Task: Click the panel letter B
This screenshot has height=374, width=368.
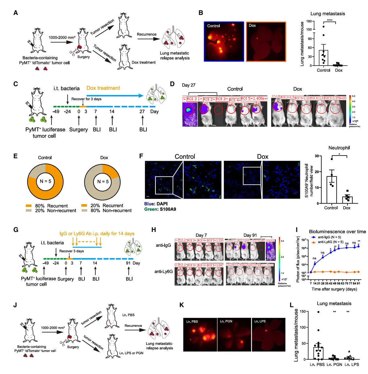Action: point(201,13)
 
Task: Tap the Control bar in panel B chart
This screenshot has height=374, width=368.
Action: point(323,58)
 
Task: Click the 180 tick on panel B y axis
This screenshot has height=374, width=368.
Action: point(309,21)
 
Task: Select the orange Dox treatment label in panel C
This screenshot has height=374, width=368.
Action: point(103,88)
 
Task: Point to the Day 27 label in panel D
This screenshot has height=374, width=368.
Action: point(189,85)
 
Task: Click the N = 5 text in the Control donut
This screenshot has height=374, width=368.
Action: point(45,181)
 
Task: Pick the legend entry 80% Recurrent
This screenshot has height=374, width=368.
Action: point(47,206)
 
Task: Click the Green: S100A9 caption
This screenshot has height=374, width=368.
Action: point(160,209)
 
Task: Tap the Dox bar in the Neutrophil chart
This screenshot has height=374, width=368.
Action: point(347,200)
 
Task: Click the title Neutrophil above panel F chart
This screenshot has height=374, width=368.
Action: point(339,148)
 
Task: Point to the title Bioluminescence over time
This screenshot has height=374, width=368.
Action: point(337,232)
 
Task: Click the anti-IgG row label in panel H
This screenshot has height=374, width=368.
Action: point(163,245)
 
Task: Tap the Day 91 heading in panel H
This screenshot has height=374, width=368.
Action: point(250,235)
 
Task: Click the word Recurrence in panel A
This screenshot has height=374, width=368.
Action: point(146,34)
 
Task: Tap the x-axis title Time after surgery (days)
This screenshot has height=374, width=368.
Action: point(334,289)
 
